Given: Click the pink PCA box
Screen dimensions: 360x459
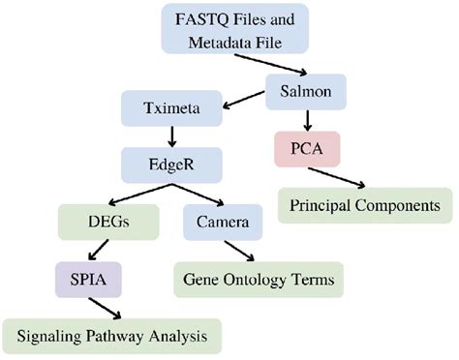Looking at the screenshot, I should click(306, 151).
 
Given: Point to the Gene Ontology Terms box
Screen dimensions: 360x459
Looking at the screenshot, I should click(260, 281).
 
